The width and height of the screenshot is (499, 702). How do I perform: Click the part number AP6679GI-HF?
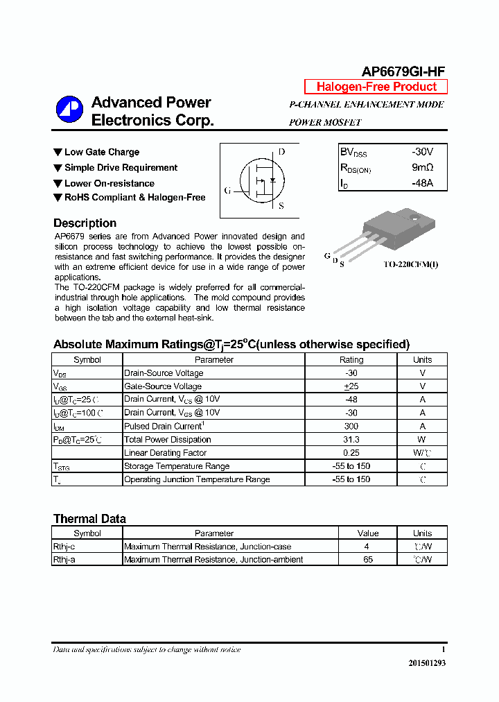tap(403, 71)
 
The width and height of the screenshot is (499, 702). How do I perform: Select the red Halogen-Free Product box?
tap(376, 87)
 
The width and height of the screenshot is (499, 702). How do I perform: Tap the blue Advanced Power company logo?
tap(69, 110)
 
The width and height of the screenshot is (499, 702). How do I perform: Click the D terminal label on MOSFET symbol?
tap(281, 152)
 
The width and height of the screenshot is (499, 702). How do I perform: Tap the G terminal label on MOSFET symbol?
tap(227, 191)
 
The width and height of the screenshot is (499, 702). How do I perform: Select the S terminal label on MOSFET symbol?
tap(281, 206)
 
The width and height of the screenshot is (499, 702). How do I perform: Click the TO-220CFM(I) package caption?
tap(411, 264)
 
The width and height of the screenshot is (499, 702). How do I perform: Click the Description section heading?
tap(85, 223)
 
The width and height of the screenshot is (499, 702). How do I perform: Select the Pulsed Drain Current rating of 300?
tap(351, 427)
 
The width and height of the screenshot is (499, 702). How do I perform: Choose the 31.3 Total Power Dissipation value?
tap(351, 440)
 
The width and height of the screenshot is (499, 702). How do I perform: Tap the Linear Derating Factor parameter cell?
tap(165, 453)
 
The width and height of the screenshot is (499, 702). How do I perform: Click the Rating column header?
tap(351, 360)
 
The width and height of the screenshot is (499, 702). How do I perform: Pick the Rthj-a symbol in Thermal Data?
tap(64, 560)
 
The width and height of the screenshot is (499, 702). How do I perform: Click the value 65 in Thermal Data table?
tap(368, 560)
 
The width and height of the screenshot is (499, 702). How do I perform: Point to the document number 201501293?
tap(427, 663)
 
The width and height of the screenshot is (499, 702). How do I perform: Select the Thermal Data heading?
tap(89, 519)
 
